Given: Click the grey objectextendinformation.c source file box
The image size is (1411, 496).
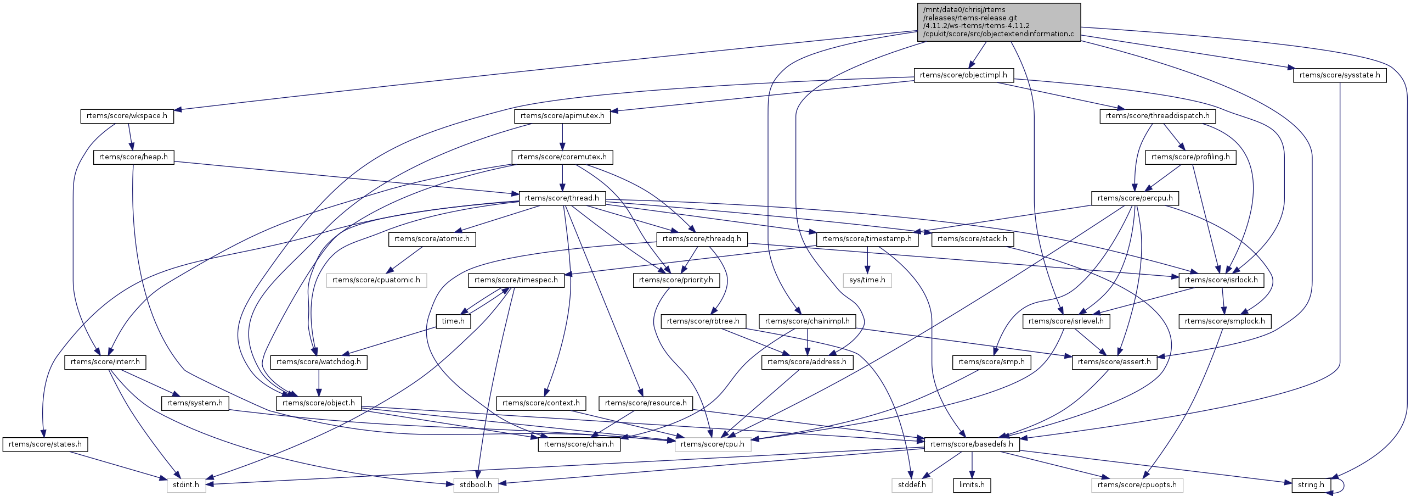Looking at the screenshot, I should pyautogui.click(x=998, y=22).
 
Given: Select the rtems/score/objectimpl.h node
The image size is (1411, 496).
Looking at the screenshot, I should pyautogui.click(x=963, y=75).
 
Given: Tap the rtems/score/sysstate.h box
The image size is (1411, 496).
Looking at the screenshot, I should pyautogui.click(x=1339, y=75).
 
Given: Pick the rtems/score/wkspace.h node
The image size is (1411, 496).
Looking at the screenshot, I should pyautogui.click(x=127, y=116).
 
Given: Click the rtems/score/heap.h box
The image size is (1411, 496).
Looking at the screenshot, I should pyautogui.click(x=133, y=157).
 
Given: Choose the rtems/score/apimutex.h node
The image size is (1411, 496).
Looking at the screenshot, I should pyautogui.click(x=562, y=116).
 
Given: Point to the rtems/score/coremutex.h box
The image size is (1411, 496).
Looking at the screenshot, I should pyautogui.click(x=562, y=157).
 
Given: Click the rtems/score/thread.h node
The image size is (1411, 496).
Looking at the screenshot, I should pyautogui.click(x=562, y=198).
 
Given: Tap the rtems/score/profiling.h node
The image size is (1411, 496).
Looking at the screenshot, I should pyautogui.click(x=1190, y=157).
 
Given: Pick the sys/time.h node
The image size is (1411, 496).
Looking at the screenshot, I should pyautogui.click(x=867, y=280).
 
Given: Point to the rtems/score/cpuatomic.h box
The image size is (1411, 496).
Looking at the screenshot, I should pyautogui.click(x=376, y=280).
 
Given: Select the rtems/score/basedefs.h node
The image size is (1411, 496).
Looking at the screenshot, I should pyautogui.click(x=972, y=444).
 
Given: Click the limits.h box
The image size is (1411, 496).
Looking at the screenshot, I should pyautogui.click(x=972, y=485).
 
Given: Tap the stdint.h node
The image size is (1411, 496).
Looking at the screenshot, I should pyautogui.click(x=186, y=485).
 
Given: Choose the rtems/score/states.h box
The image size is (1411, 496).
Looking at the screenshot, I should pyautogui.click(x=45, y=444).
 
